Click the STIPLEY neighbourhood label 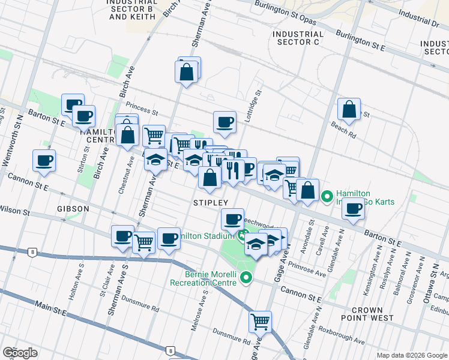point(211,203)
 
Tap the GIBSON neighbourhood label point(74,208)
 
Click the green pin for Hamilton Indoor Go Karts point(327,196)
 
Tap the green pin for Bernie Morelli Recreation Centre point(246,277)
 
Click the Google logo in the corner point(20,353)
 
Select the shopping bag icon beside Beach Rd point(349,110)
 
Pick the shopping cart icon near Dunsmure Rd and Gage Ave point(260,322)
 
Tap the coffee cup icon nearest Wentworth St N point(44,161)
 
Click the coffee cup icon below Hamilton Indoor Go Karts point(354,209)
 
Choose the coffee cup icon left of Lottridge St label point(225,122)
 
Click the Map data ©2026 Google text point(411,355)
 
